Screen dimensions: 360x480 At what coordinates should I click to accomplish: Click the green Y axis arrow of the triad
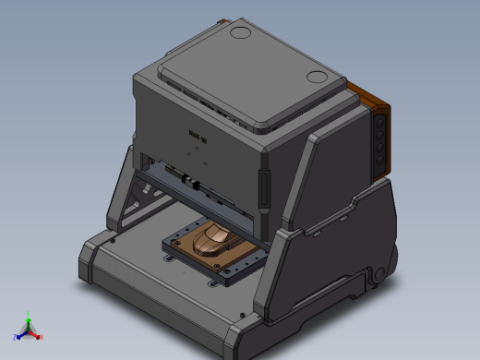(x=28, y=317)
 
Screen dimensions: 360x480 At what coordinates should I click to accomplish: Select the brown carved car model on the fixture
(x=213, y=242)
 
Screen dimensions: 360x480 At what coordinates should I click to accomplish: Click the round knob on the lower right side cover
(x=377, y=274)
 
